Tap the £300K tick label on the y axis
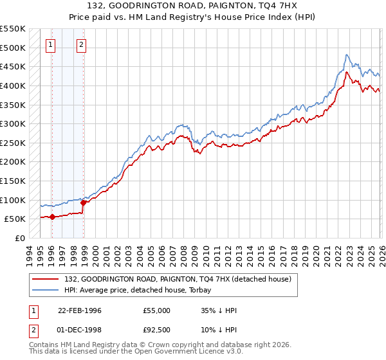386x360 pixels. point(13,123)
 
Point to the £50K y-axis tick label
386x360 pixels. point(15,219)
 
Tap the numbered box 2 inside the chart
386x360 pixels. point(82,44)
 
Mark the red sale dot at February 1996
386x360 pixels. point(52,217)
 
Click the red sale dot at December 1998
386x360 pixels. point(83,203)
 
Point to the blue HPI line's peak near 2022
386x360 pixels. point(347,55)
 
